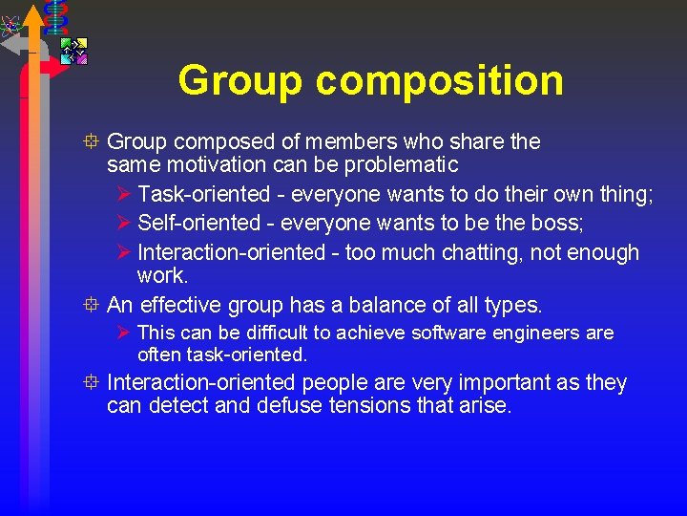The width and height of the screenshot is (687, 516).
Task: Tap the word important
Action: coord(494,383)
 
